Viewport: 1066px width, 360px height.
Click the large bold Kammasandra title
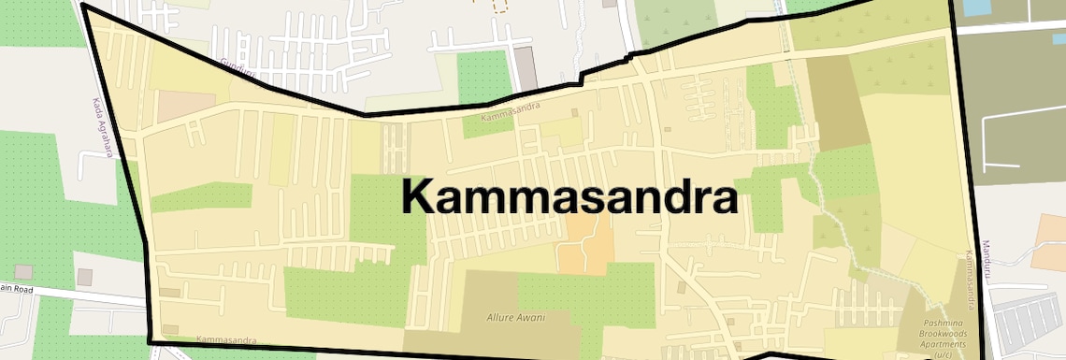point(569,198)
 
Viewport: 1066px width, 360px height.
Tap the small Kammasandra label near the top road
point(511,119)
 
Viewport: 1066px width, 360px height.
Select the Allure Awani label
point(513,318)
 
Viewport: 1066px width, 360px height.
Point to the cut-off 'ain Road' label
point(17,288)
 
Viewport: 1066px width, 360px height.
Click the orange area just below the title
point(586,248)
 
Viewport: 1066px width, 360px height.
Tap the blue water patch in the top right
point(976,7)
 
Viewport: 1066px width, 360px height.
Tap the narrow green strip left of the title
point(201,196)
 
